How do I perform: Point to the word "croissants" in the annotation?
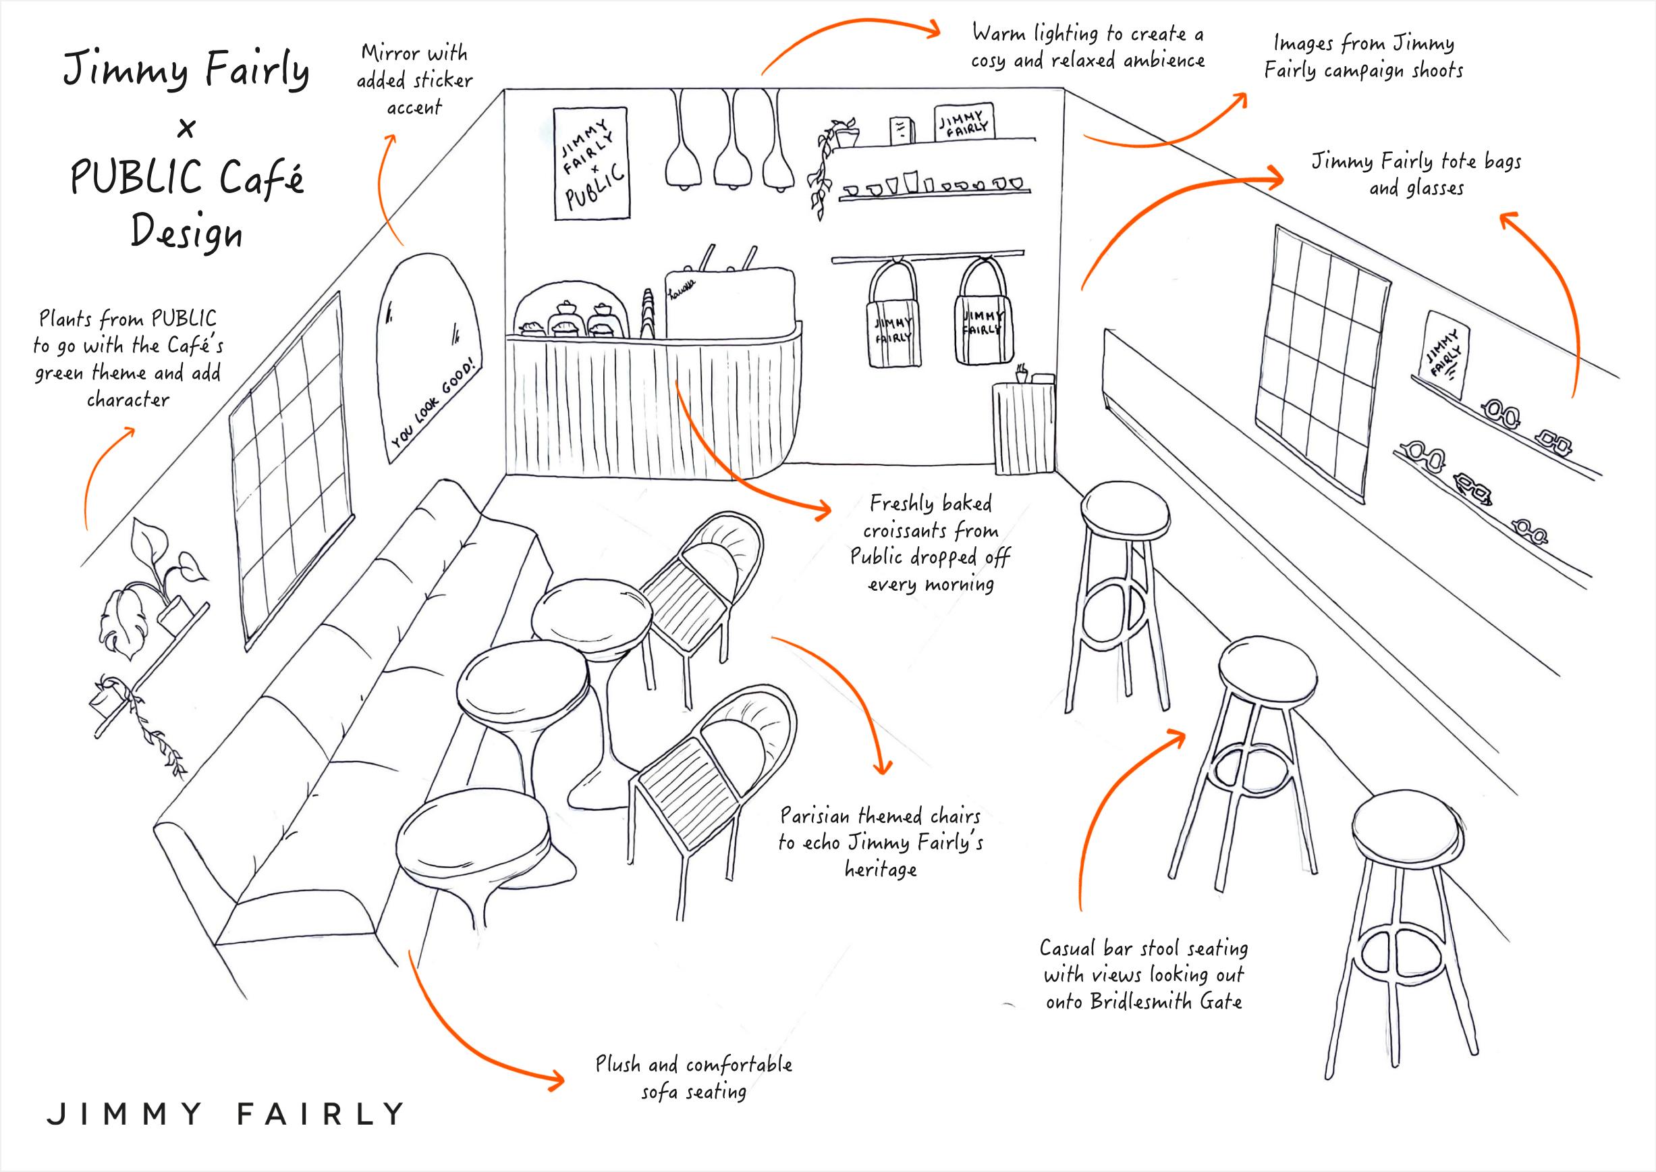(x=931, y=532)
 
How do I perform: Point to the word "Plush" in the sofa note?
(x=617, y=1065)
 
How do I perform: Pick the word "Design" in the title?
(x=186, y=234)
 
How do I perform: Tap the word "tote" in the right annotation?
(x=1439, y=161)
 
